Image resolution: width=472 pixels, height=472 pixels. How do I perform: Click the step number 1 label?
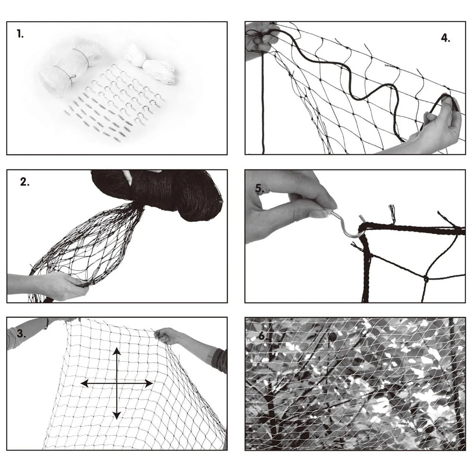point(20,34)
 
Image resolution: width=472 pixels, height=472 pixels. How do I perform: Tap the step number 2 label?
point(25,182)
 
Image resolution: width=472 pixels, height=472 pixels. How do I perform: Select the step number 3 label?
point(21,333)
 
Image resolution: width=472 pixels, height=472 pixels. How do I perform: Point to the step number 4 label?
point(446,38)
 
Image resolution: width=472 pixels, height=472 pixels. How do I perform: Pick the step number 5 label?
point(259,188)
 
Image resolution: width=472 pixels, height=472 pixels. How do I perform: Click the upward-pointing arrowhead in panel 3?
point(117,352)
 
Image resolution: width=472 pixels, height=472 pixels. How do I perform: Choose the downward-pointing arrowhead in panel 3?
point(117,415)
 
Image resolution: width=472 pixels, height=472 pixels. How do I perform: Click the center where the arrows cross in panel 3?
point(117,383)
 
